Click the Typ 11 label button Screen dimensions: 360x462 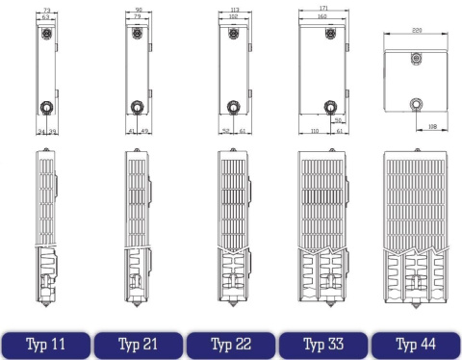(x=45, y=342)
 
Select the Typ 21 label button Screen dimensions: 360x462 (x=138, y=342)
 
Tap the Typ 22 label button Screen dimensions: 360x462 (x=230, y=342)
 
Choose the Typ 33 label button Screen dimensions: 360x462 (x=322, y=342)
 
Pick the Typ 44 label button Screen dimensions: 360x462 (x=415, y=342)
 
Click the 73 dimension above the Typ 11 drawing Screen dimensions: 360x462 (x=47, y=9)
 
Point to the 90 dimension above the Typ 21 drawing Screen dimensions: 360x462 (x=140, y=9)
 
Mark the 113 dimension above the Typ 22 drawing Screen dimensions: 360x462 (x=231, y=9)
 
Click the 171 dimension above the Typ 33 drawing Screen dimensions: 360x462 (x=323, y=9)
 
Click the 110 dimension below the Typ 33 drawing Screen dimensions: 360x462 (x=314, y=130)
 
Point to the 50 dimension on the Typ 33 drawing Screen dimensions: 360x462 (x=339, y=120)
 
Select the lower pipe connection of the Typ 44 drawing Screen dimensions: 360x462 (x=415, y=102)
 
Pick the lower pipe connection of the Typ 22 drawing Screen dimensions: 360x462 (x=231, y=107)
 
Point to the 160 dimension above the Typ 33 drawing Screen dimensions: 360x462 (x=323, y=16)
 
